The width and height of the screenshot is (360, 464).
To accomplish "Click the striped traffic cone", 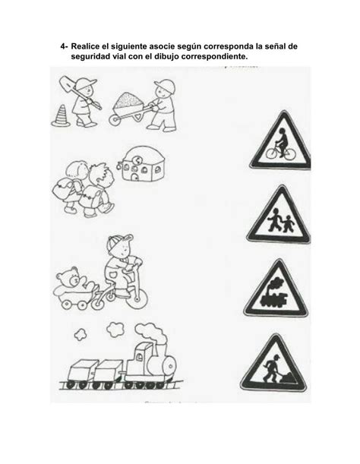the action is [61, 116].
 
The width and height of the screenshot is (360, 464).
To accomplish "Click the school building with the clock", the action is [142, 164].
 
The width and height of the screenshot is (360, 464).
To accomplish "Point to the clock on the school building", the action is [137, 160].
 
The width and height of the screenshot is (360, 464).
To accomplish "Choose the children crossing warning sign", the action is [279, 215].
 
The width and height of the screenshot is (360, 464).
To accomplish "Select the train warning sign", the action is [276, 289].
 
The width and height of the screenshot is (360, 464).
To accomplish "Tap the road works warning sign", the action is [273, 364].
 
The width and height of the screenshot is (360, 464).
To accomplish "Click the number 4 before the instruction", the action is [63, 46].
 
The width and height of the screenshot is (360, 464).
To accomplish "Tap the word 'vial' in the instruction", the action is [119, 56].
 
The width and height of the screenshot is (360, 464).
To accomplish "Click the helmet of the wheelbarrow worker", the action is [164, 84].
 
